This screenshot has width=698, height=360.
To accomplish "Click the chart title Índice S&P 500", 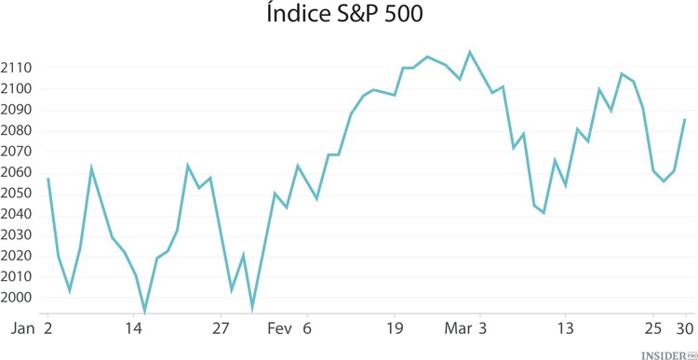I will (x=350, y=17).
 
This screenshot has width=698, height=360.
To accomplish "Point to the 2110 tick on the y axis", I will (x=18, y=68).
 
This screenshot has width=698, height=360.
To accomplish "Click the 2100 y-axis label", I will (x=18, y=88).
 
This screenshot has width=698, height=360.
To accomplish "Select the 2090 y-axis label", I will (x=18, y=110).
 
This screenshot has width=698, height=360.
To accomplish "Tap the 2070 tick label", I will (x=18, y=152).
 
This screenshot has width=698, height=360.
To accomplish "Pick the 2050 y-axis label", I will (x=18, y=193).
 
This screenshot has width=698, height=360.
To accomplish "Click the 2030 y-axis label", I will (x=18, y=235).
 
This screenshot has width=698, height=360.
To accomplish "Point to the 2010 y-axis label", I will (x=18, y=277).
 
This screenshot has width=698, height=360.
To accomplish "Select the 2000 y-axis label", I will (x=18, y=298).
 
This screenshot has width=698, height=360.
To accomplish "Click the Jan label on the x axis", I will (x=23, y=328).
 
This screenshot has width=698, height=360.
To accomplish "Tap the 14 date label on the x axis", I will (x=134, y=328).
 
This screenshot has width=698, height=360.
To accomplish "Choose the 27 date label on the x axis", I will (x=221, y=328).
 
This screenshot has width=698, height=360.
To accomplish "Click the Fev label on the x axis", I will (x=279, y=328).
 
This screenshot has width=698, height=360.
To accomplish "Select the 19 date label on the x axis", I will (x=395, y=328).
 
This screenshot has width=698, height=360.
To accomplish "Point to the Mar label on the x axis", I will (x=458, y=328).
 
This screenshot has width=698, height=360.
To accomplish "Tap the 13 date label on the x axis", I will (x=566, y=328).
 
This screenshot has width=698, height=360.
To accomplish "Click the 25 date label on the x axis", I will (x=654, y=328).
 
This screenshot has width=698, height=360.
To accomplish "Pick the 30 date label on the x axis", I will (x=686, y=328).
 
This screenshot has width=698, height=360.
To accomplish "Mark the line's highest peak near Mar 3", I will (x=470, y=52).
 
